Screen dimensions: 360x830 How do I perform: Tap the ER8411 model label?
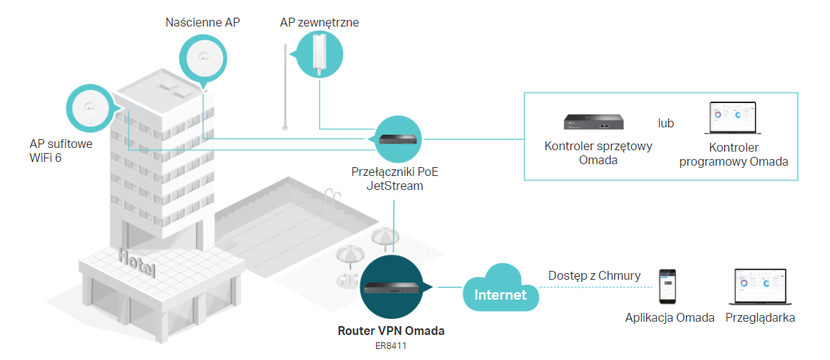point(391,344)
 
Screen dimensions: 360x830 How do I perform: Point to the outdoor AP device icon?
point(320,55)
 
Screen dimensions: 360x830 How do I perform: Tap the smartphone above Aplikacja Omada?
point(668,287)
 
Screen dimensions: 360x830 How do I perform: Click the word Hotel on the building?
point(137,262)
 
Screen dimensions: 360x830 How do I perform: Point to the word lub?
point(666,123)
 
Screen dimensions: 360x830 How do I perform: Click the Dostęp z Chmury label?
point(594,275)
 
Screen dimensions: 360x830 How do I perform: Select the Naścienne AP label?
point(202,22)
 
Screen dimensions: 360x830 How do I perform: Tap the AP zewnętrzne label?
point(319,22)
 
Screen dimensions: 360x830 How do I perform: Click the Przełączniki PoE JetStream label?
point(397,179)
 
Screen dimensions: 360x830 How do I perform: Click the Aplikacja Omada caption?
point(670,318)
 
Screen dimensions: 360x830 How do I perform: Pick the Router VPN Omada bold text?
point(391,331)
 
